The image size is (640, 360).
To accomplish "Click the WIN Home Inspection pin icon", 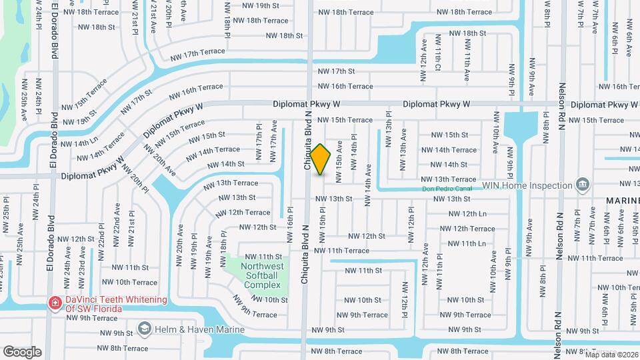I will pyautogui.click(x=582, y=184).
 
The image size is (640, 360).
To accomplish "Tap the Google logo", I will pyautogui.click(x=22, y=351).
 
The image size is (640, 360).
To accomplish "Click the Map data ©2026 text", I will pyautogui.click(x=611, y=354).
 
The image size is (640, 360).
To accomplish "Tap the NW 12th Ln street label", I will pyautogui.click(x=467, y=213).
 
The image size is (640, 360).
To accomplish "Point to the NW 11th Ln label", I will pyautogui.click(x=467, y=244).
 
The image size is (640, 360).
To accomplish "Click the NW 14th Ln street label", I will pyautogui.click(x=79, y=142).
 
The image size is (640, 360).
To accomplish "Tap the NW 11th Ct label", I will pyautogui.click(x=438, y=59).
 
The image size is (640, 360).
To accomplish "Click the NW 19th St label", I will pyautogui.click(x=260, y=5).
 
